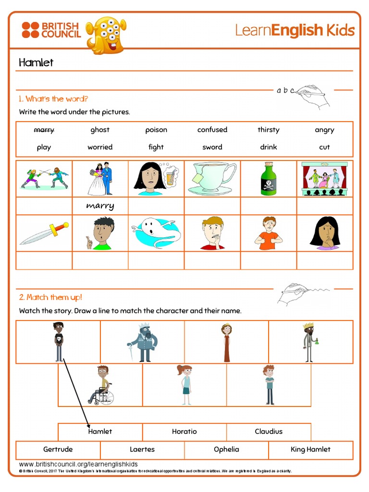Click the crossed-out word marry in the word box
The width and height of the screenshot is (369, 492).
point(44,130)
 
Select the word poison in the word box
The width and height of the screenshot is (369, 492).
point(156,130)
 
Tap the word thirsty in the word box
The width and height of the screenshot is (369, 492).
point(268,130)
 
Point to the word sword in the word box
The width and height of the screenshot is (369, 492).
point(212,147)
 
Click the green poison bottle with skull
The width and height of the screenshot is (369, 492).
point(269,178)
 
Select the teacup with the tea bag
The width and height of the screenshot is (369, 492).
point(212,178)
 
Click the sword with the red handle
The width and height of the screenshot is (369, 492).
point(44,233)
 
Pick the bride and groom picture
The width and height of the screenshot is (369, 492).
point(100,179)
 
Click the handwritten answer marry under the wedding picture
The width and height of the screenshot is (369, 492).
point(100,206)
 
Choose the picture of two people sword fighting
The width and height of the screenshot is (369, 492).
point(44,178)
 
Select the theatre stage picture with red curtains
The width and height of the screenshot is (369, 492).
point(325,178)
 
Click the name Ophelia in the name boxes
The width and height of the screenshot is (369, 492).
point(226,449)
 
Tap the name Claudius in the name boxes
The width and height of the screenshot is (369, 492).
point(269,431)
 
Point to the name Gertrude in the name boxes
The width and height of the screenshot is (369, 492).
point(58,449)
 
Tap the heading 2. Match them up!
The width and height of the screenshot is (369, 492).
point(50,297)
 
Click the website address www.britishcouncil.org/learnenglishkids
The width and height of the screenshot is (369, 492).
point(78,464)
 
